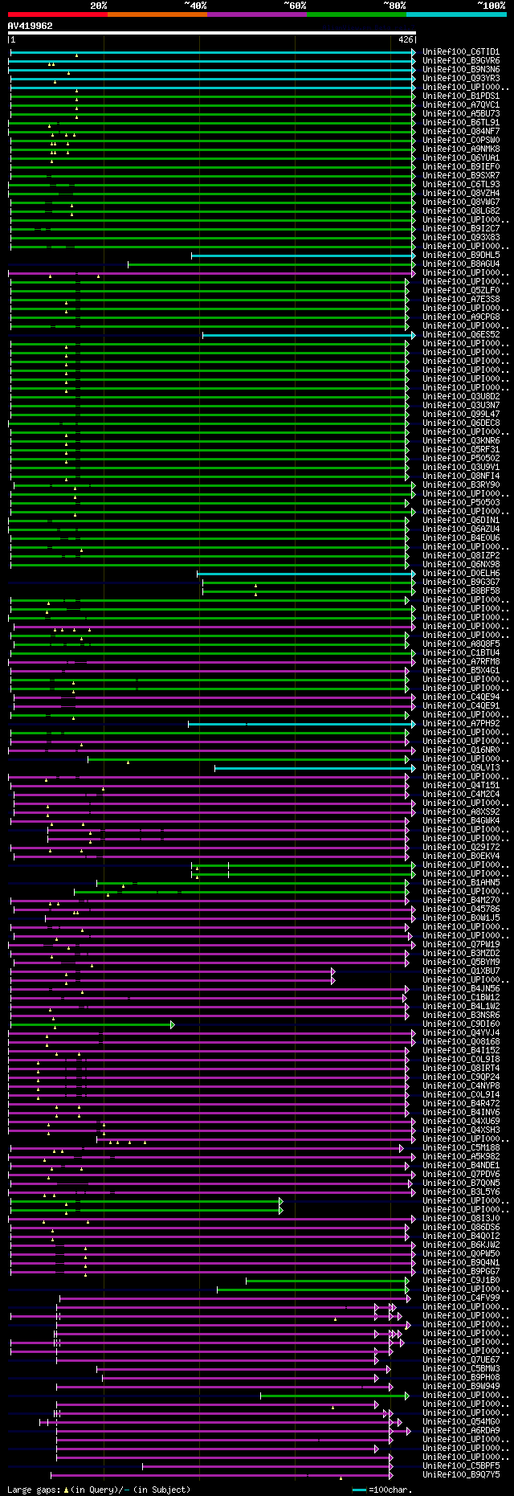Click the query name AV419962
pos(31,26)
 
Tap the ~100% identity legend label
pos(491,6)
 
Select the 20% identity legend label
pos(99,6)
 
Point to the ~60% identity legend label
pos(295,6)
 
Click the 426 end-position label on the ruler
pos(406,39)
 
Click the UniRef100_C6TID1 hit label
pos(461,52)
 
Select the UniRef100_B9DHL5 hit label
pos(461,255)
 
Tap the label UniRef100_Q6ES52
pos(461,335)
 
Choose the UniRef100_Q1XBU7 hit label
pos(461,971)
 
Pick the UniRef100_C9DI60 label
pos(461,1024)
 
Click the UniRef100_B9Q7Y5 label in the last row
pos(461,1475)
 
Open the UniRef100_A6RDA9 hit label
pos(461,1431)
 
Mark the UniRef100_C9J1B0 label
pos(461,1281)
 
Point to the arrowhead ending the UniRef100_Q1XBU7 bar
pos(333,971)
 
